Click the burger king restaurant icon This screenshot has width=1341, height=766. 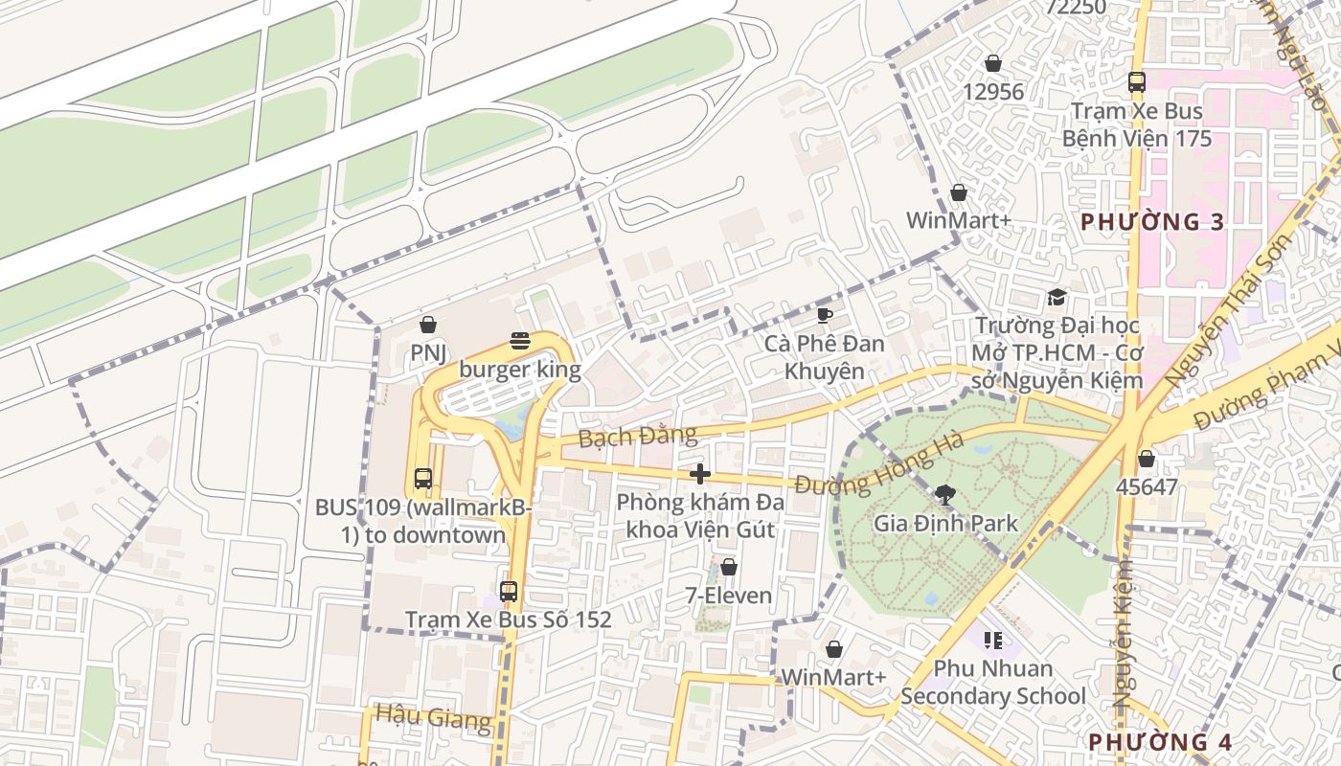(x=520, y=341)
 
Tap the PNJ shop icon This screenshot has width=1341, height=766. (x=428, y=325)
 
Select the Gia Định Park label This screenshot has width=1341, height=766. (x=944, y=524)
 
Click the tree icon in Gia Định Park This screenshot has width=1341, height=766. (x=944, y=495)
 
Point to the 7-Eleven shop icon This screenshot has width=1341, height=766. (x=729, y=567)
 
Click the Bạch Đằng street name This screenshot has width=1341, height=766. (x=638, y=437)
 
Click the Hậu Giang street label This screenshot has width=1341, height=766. (x=433, y=715)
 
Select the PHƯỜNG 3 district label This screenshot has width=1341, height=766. (x=1152, y=222)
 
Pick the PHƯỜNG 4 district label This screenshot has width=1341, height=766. (x=1159, y=742)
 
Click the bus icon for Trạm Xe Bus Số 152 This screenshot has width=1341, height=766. (x=509, y=592)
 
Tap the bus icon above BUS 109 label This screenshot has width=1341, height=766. (x=422, y=479)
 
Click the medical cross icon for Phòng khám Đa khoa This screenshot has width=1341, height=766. (x=700, y=473)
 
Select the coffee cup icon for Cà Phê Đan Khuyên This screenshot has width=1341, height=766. (x=824, y=315)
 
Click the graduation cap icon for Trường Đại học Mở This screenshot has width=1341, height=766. (x=1057, y=298)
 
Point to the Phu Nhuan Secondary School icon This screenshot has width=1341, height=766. (x=992, y=640)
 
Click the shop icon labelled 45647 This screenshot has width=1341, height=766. (x=1147, y=459)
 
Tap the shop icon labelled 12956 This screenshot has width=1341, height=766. (x=993, y=63)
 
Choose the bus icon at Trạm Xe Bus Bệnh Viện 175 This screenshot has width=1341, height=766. (x=1137, y=82)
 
